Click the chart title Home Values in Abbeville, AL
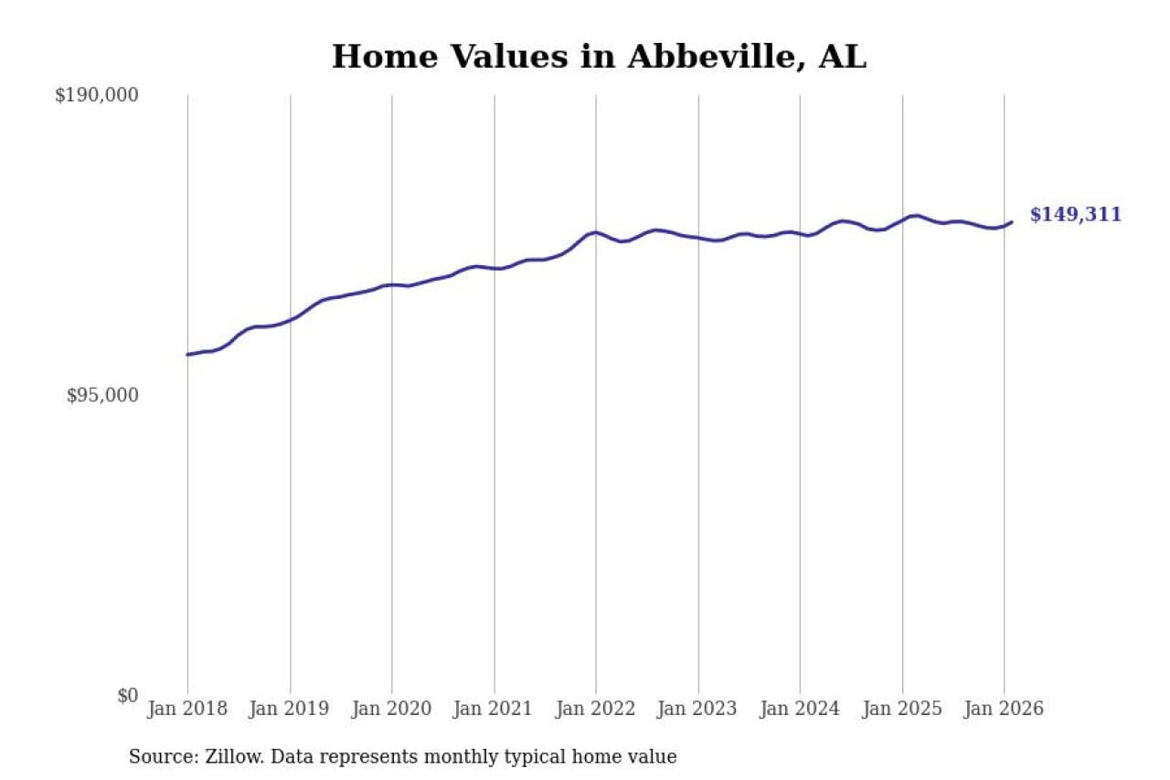coord(599,57)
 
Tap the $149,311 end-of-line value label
coord(1075,215)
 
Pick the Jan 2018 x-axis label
coord(187,710)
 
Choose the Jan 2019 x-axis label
coord(290,710)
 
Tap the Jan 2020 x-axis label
coord(392,710)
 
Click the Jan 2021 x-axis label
coord(495,710)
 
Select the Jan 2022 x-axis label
coord(596,710)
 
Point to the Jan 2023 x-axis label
coord(698,710)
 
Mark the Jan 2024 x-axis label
coord(800,710)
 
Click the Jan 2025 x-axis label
coord(902,710)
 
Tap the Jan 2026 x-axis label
coord(1004,710)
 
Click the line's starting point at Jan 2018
coord(187,354)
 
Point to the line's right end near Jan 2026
coord(1011,221)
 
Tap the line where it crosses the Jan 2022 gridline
coord(596,232)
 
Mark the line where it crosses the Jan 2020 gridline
coord(392,284)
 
